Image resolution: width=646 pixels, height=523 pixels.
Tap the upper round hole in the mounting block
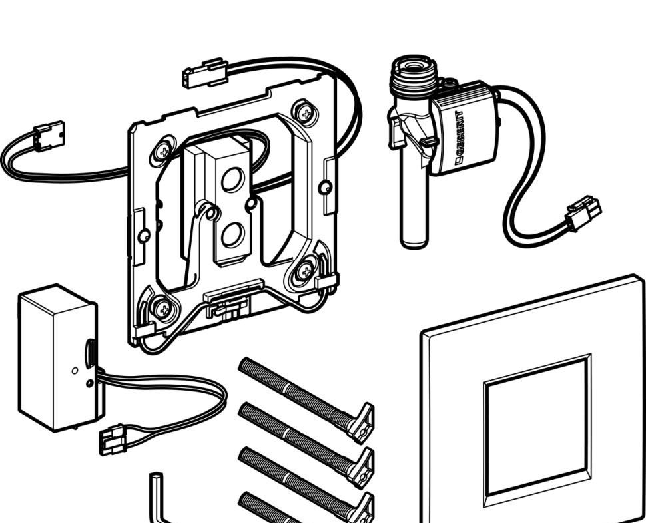232,180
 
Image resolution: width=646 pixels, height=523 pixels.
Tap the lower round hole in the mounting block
231,234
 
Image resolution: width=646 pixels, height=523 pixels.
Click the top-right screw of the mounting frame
306,113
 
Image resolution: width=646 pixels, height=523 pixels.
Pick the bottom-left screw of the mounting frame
162,307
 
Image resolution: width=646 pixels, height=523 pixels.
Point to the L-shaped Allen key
157,499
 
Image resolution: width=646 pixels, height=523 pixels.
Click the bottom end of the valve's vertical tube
412,240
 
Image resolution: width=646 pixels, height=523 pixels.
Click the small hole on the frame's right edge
324,188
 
